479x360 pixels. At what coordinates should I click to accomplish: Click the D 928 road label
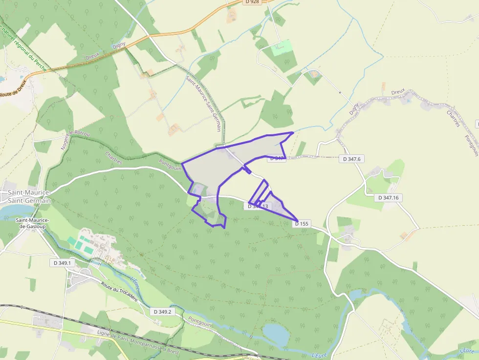(x=252, y=2)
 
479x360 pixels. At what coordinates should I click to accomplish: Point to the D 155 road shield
(x=302, y=224)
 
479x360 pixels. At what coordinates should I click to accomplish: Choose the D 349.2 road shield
(x=162, y=311)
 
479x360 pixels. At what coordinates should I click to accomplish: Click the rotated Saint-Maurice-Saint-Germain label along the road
(x=203, y=103)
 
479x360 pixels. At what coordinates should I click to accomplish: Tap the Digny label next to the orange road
(x=119, y=45)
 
